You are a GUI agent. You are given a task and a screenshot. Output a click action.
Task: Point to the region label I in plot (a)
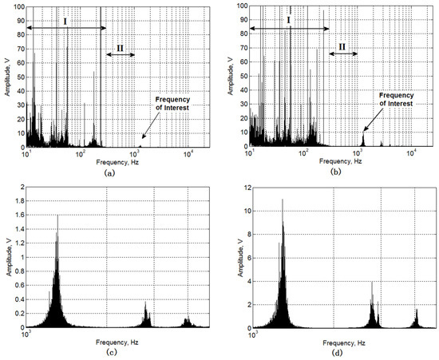pyautogui.click(x=66, y=18)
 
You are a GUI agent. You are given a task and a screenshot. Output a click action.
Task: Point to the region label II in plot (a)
pyautogui.click(x=120, y=46)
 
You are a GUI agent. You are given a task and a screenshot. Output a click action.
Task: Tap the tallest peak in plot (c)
pyautogui.click(x=57, y=216)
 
